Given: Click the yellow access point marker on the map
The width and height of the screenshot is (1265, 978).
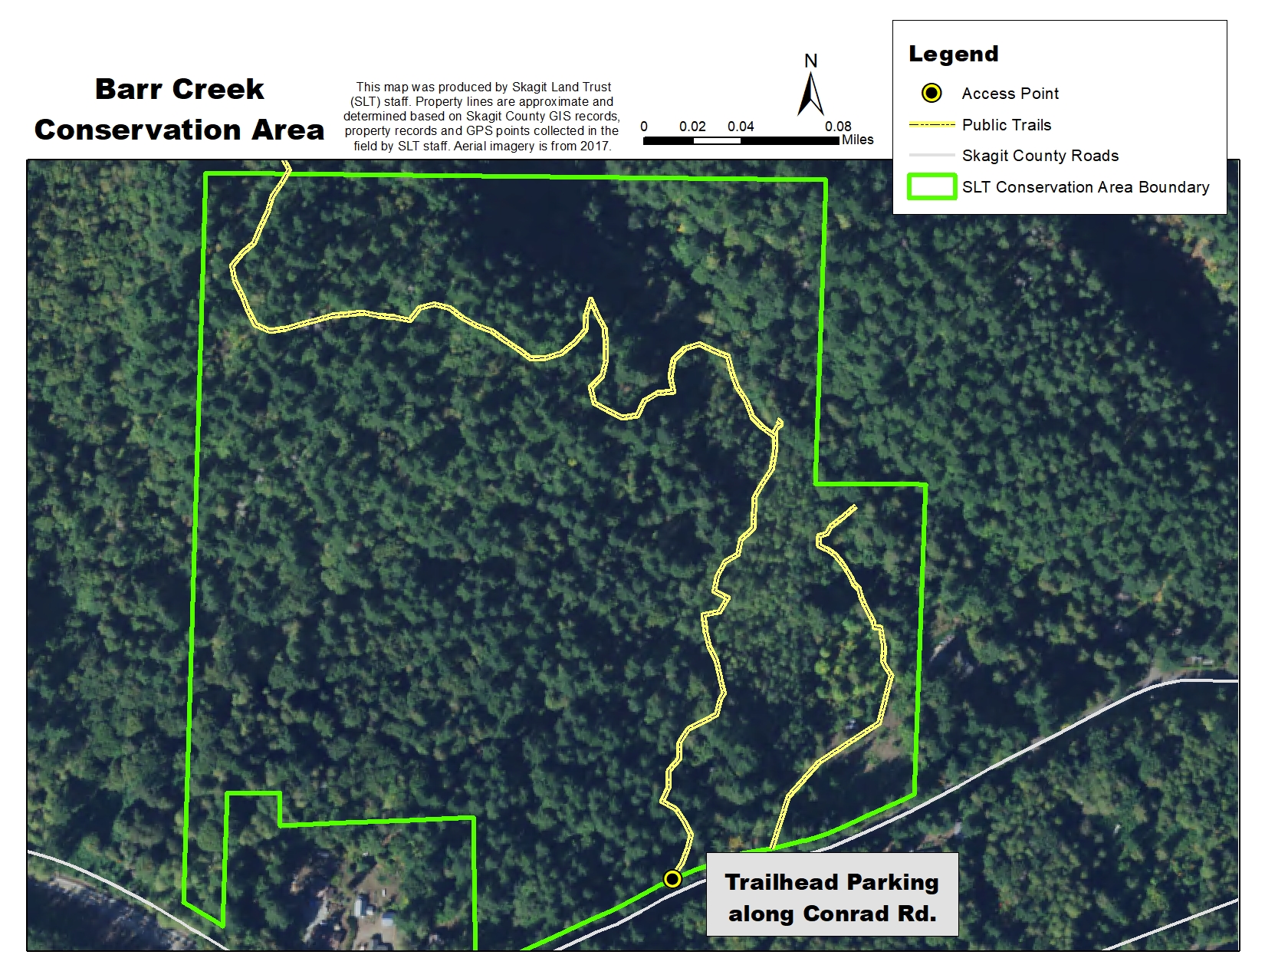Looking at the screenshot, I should [672, 879].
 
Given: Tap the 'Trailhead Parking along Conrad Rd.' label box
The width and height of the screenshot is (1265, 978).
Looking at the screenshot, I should [832, 897].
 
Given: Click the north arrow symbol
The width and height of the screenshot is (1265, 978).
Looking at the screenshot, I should [811, 94].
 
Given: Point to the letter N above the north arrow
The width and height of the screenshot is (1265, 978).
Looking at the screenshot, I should [811, 61].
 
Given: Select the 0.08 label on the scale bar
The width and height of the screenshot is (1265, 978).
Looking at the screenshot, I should [838, 127].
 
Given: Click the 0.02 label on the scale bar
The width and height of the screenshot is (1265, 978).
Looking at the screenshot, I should [692, 127].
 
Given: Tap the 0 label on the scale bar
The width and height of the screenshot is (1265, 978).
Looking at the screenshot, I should [644, 127].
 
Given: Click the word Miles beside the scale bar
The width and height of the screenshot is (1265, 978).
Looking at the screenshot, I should [857, 140].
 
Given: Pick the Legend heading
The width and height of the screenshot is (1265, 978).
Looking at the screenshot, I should [953, 54].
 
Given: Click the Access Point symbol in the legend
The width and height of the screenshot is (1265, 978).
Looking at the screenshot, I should [932, 94].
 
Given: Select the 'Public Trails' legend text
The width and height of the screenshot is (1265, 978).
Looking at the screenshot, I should [1007, 125].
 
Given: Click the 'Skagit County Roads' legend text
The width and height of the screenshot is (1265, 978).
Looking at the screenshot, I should [1040, 156].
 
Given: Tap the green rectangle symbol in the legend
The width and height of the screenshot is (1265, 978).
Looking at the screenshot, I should [932, 187].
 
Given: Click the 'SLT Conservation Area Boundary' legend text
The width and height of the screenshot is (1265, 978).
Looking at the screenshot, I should [1086, 187].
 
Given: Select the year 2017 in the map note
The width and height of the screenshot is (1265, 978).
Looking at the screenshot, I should [595, 146].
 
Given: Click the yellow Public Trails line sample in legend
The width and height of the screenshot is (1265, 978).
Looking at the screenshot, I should [932, 124].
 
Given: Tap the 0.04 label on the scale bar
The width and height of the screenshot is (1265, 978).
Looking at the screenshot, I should [741, 127].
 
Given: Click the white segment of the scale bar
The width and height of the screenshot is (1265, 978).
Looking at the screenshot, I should [717, 141].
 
